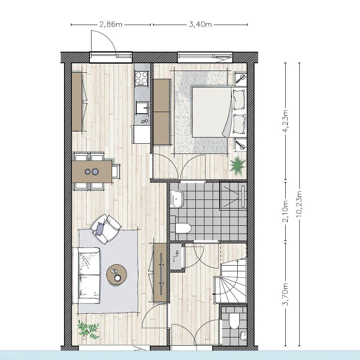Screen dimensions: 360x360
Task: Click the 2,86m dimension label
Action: (x=110, y=25)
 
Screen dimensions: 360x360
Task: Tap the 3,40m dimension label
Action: (x=200, y=25)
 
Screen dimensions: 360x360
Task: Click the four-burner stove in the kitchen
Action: (x=142, y=78)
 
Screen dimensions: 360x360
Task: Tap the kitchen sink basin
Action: (x=142, y=107)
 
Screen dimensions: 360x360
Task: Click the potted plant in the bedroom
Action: (x=237, y=165)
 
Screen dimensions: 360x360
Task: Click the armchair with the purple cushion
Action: (x=106, y=229)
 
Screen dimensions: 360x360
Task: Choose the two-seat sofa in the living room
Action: (x=87, y=275)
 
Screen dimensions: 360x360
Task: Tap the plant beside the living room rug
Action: (x=89, y=330)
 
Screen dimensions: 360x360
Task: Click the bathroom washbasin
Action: (x=176, y=199)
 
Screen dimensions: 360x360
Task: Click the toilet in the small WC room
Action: (x=234, y=321)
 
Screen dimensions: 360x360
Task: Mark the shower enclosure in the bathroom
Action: (x=233, y=195)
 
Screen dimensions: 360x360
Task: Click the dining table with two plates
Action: (x=92, y=171)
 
